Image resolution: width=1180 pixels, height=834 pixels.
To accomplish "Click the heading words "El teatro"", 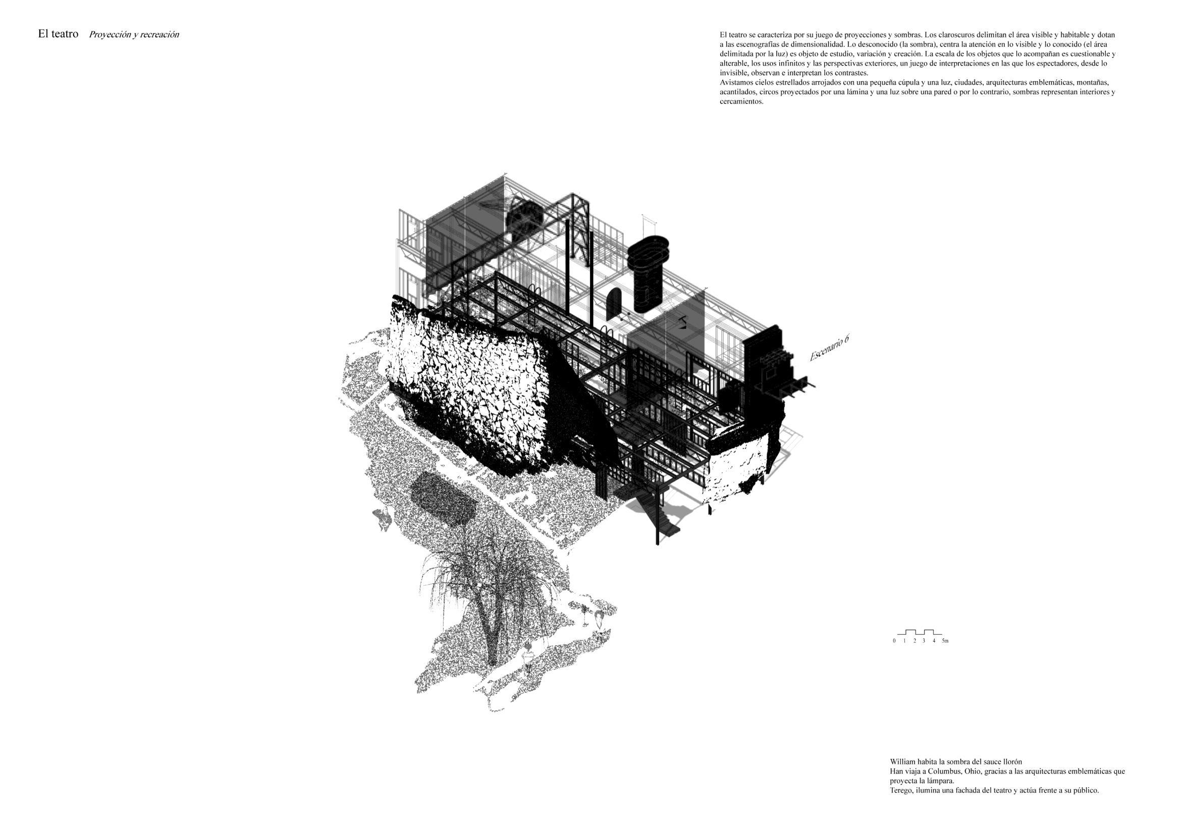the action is coord(58,34).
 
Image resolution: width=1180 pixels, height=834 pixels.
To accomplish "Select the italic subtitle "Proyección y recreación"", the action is coord(134,35).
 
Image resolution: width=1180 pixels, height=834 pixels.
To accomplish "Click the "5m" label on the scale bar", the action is coord(945,641).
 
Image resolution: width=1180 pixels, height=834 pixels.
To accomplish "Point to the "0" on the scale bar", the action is coord(894,641).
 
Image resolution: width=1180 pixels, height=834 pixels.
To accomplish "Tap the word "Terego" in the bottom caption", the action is coord(901,790).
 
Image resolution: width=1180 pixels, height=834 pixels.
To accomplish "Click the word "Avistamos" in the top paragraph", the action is coord(735,82).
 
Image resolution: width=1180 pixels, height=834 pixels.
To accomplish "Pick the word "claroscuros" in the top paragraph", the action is coord(968,35).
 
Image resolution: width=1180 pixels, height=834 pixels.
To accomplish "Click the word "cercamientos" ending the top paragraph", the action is coord(740,101).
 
